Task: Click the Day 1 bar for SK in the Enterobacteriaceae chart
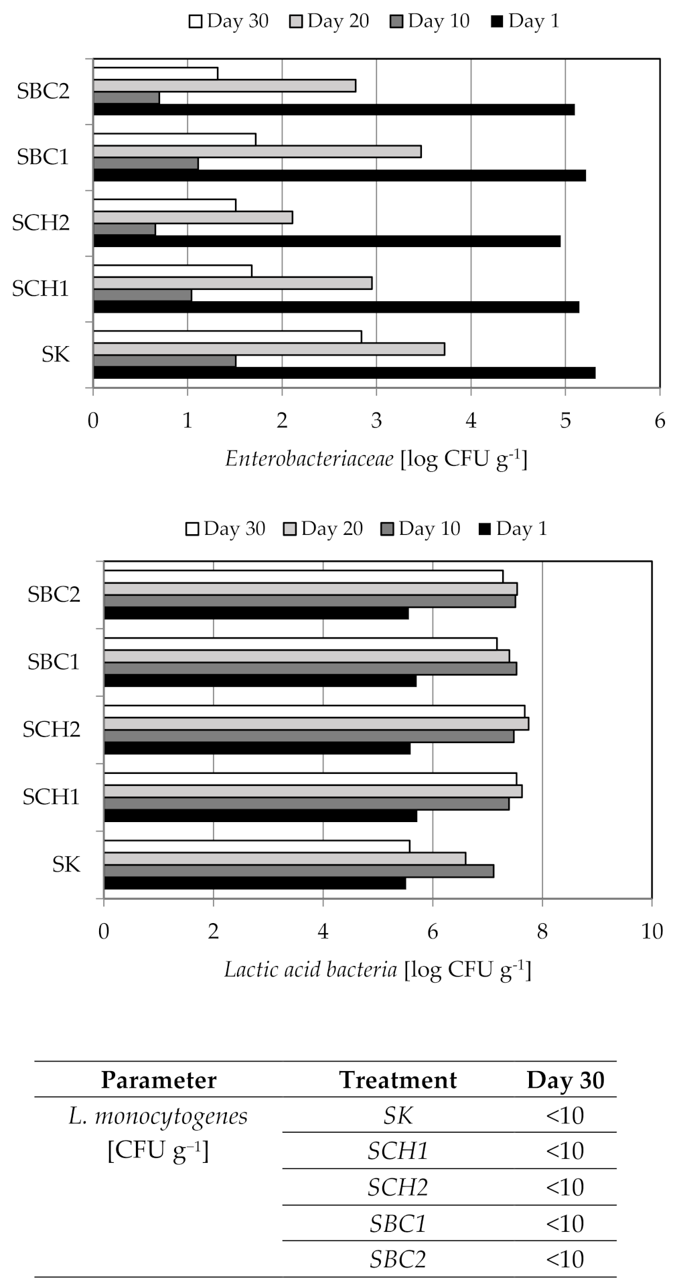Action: pyautogui.click(x=344, y=373)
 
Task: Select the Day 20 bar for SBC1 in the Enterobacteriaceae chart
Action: pyautogui.click(x=257, y=151)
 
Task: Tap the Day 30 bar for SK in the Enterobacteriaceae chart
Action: pyautogui.click(x=227, y=337)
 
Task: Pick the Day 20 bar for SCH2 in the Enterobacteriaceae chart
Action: pyautogui.click(x=193, y=218)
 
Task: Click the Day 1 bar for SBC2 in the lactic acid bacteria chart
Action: pyautogui.click(x=256, y=613)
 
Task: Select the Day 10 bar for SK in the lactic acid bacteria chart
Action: pyautogui.click(x=299, y=871)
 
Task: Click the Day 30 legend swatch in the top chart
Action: pyautogui.click(x=196, y=22)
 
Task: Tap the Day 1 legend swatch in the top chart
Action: pyautogui.click(x=497, y=22)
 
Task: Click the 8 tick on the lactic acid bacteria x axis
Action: pyautogui.click(x=542, y=931)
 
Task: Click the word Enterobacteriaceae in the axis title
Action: pyautogui.click(x=309, y=459)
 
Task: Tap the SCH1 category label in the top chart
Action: pyautogui.click(x=41, y=289)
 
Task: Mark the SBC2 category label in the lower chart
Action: pyautogui.click(x=54, y=594)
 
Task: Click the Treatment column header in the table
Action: pyautogui.click(x=398, y=1080)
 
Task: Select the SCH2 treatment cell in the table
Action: pyautogui.click(x=398, y=1187)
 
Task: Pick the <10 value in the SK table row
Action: pyautogui.click(x=565, y=1115)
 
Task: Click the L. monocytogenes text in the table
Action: pyautogui.click(x=158, y=1116)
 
